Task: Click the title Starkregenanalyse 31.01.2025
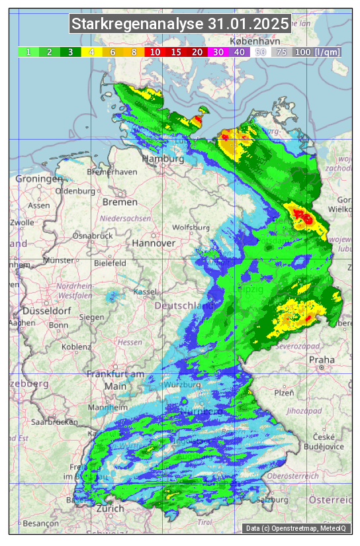180,24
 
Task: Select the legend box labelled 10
156,52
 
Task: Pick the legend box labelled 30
218,52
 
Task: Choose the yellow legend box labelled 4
92,52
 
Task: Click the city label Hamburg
163,159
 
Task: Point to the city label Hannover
154,243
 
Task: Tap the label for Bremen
120,202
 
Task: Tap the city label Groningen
39,179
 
